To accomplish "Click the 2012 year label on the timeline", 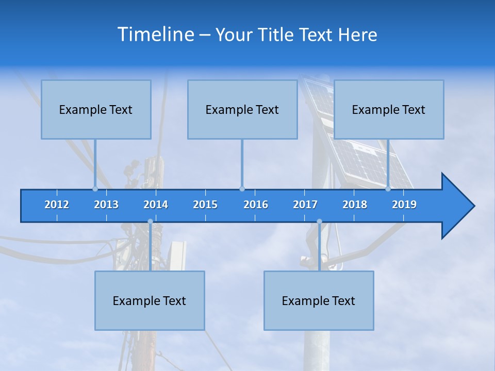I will [57, 205].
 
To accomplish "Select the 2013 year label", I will [106, 205].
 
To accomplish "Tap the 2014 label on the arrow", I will [156, 205].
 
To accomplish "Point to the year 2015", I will [205, 205].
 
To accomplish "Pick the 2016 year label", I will [256, 205].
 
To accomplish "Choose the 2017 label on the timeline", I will [305, 205].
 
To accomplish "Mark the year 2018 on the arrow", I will [355, 205].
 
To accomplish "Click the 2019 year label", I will [404, 205].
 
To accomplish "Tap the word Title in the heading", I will [278, 35].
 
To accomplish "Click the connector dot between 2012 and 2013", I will [95, 189].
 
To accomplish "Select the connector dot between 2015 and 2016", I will [242, 189].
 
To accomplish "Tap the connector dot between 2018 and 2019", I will [388, 189].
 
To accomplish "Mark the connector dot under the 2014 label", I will [150, 222].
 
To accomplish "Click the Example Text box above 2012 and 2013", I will [96, 109].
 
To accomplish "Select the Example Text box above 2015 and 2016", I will [242, 109].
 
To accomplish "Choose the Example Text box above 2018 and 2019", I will [389, 109].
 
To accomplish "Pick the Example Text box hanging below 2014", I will [150, 300].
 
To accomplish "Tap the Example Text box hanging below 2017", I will [319, 300].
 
